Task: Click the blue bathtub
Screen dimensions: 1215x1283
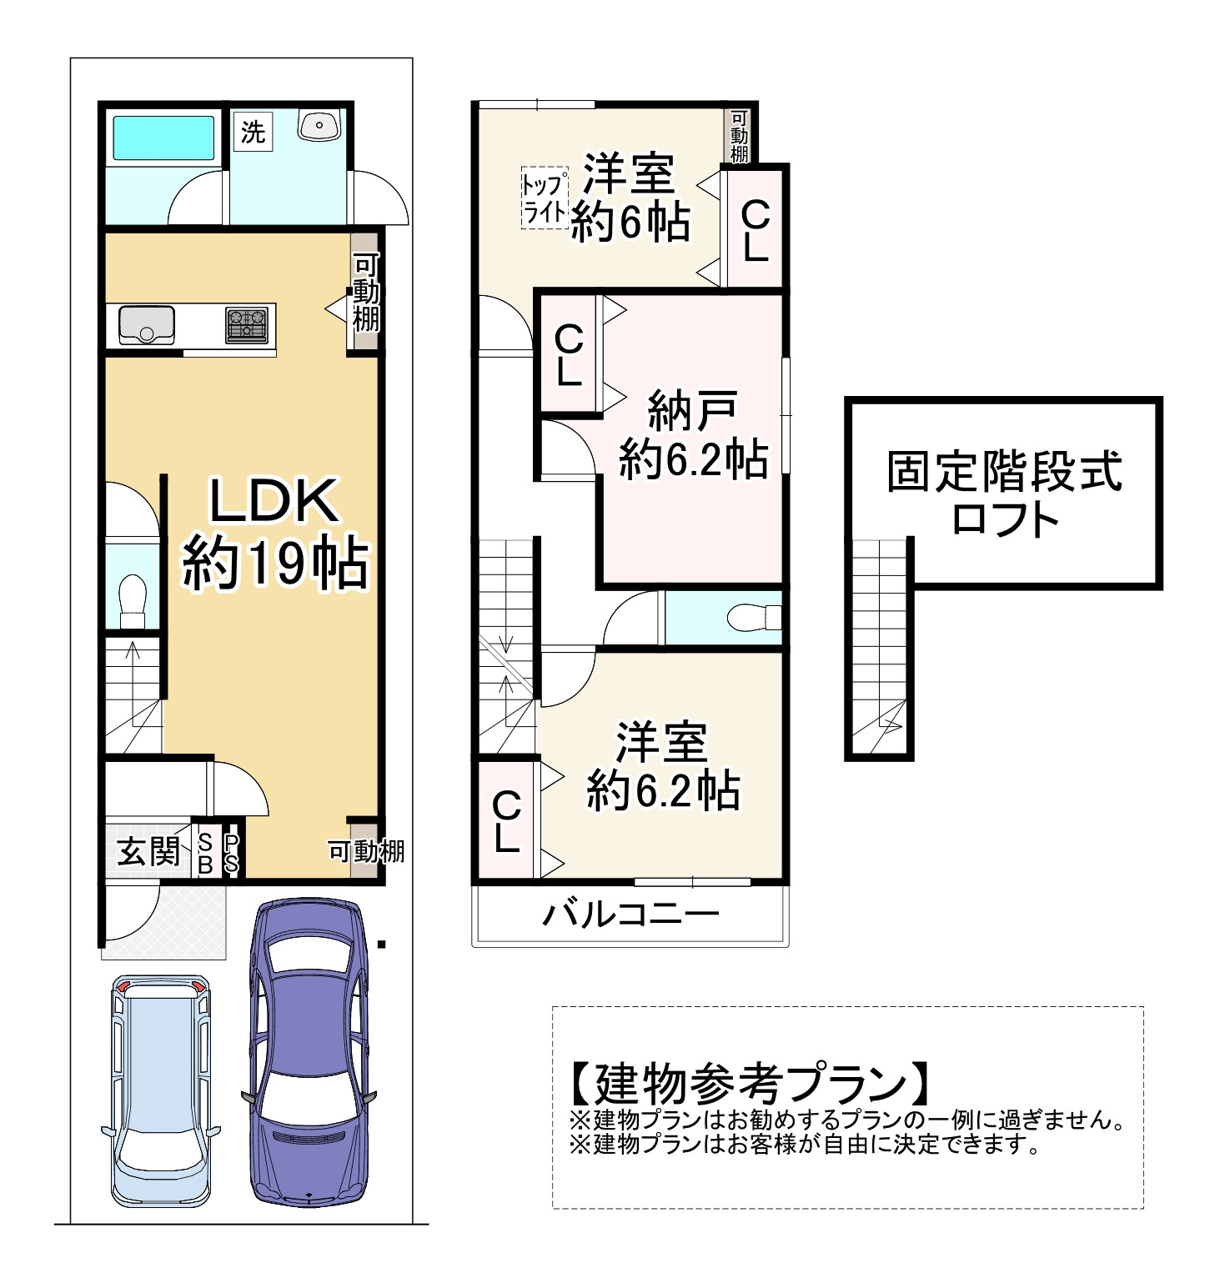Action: (x=163, y=138)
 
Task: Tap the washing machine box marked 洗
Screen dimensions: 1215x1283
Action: (x=253, y=132)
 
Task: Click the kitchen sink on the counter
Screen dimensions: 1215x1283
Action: (x=147, y=324)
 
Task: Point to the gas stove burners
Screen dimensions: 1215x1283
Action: (x=248, y=324)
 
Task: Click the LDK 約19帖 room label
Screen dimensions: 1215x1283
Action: (x=274, y=534)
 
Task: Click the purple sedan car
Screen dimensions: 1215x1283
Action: (x=309, y=1052)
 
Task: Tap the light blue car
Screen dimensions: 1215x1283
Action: (x=161, y=1090)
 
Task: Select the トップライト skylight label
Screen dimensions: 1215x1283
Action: (x=544, y=198)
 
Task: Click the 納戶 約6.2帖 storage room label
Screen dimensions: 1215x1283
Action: (x=693, y=434)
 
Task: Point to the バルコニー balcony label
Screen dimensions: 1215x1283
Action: (x=630, y=915)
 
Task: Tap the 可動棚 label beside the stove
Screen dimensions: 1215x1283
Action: (x=365, y=293)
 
